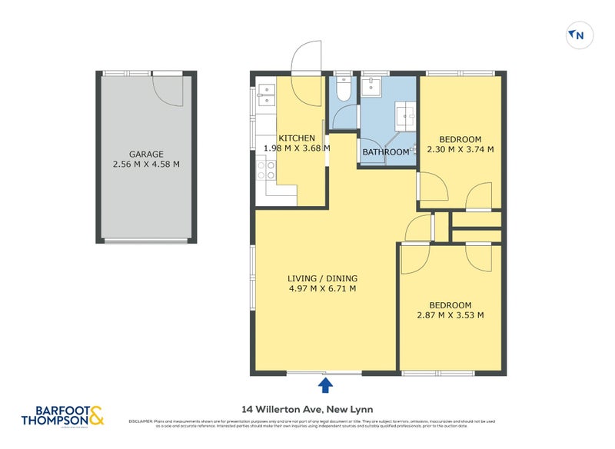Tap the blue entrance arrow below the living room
(325, 384)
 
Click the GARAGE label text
(146, 154)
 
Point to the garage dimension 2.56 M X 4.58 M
(146, 164)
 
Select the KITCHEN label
(297, 138)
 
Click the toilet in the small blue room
(344, 90)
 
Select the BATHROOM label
(386, 152)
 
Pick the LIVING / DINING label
(323, 278)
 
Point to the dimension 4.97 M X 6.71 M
(323, 289)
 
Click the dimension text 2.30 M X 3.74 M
(460, 149)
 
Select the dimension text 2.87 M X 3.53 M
(450, 315)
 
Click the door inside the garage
(167, 91)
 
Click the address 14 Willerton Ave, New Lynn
(307, 409)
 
